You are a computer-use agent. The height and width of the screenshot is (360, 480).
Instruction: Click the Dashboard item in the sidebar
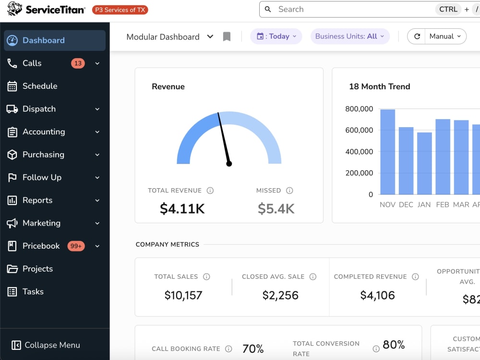click(x=55, y=40)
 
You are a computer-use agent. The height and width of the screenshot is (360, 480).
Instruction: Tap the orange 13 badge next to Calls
click(x=78, y=63)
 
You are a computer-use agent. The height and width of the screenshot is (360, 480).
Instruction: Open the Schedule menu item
click(x=40, y=86)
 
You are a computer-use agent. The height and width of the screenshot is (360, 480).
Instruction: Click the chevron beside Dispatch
click(x=97, y=109)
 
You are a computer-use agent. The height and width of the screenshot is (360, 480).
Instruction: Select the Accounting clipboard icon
click(x=12, y=132)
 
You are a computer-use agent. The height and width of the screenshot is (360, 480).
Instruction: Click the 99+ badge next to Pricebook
click(x=76, y=246)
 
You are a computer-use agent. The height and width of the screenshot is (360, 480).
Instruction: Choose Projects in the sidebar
click(x=37, y=269)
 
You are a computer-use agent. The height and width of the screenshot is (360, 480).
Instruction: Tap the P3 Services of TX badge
click(x=120, y=10)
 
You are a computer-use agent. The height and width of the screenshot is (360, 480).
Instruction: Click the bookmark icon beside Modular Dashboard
click(x=227, y=37)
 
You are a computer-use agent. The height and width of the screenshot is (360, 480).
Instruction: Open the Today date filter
click(x=276, y=36)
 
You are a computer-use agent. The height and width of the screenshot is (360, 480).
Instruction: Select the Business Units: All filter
click(x=350, y=36)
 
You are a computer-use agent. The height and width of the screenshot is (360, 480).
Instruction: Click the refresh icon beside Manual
click(x=417, y=36)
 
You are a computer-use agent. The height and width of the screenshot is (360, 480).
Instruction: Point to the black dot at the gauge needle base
click(x=229, y=164)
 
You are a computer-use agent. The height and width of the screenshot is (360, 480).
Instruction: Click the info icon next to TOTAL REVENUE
click(x=210, y=191)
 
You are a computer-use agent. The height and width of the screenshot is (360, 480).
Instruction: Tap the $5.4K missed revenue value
click(x=276, y=209)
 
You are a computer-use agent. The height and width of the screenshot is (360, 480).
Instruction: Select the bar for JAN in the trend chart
click(x=424, y=164)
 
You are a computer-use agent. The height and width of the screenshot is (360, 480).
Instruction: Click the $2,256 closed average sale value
click(x=280, y=295)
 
